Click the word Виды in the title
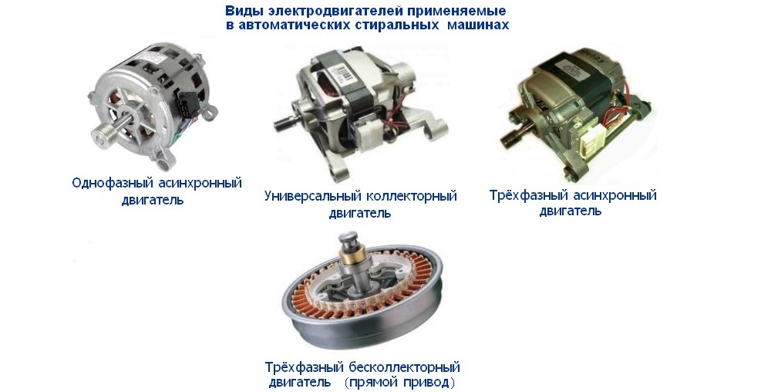click(239, 12)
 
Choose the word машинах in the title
click(477, 25)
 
